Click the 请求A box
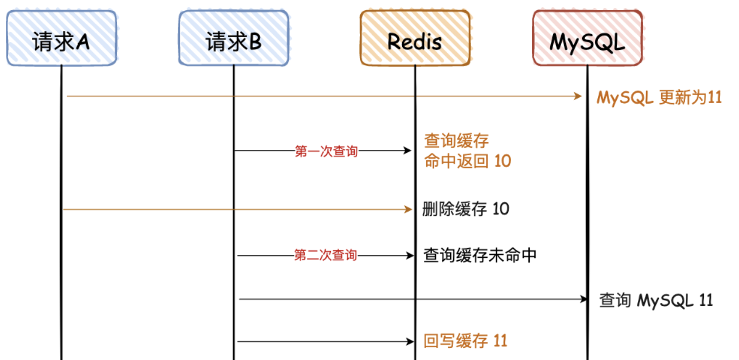[x=61, y=38]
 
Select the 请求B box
[x=234, y=38]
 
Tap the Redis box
[x=415, y=38]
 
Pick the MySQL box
[x=587, y=38]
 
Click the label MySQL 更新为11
[x=659, y=97]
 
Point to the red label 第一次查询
[x=326, y=151]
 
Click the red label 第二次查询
[x=326, y=255]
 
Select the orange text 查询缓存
[x=456, y=142]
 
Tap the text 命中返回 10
[x=467, y=161]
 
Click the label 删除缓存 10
[x=466, y=210]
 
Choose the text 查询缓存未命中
[x=480, y=255]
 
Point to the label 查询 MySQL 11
[x=656, y=300]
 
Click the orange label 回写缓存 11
[x=465, y=341]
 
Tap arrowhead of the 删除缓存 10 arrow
[x=409, y=210]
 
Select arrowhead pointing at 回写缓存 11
[x=409, y=341]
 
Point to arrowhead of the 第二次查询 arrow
[x=409, y=255]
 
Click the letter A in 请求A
[x=82, y=42]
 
